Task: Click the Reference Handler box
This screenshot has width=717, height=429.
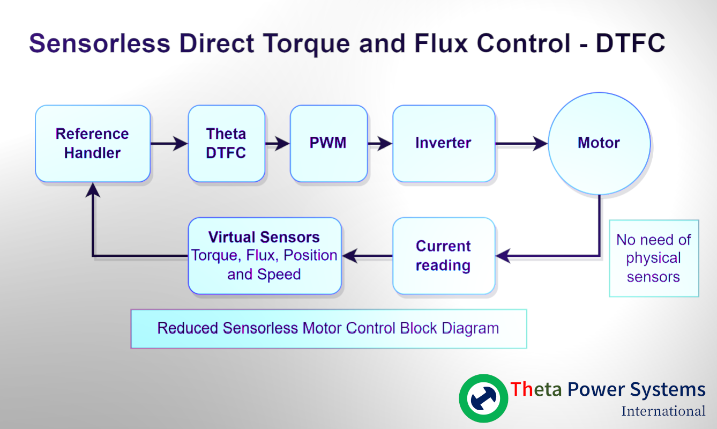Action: click(x=93, y=143)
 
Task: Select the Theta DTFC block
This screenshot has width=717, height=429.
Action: click(x=226, y=143)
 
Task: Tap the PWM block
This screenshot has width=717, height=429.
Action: click(x=328, y=143)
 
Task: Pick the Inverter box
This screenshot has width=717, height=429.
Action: click(x=443, y=143)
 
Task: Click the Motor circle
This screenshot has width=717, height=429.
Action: click(x=599, y=143)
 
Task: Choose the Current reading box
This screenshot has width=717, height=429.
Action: click(x=443, y=256)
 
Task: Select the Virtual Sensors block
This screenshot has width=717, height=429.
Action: click(x=264, y=256)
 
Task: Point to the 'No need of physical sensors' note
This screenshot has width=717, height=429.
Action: click(x=654, y=258)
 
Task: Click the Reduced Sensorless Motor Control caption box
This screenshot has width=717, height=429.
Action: click(x=328, y=328)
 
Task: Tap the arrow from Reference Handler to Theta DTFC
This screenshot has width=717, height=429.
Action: click(x=169, y=143)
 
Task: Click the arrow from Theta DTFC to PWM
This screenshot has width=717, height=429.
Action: click(x=278, y=143)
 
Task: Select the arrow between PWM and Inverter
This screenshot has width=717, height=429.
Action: click(x=380, y=143)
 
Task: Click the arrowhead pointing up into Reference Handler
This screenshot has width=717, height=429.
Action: click(x=93, y=189)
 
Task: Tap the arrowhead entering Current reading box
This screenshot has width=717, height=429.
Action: click(x=503, y=256)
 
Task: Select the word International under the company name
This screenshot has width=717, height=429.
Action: click(x=663, y=411)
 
